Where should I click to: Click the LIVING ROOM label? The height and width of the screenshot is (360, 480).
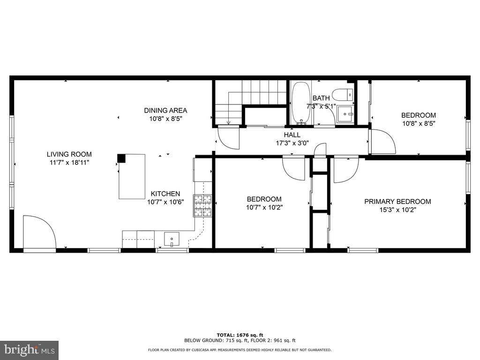coord(69,154)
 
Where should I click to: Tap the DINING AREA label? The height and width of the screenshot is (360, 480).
coord(165,111)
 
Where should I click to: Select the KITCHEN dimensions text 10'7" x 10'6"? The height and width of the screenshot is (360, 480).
coord(165,202)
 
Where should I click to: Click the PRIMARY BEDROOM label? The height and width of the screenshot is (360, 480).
coord(397,202)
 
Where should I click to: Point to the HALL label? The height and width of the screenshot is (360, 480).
coord(292,135)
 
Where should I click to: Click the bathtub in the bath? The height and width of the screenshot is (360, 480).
coord(300,102)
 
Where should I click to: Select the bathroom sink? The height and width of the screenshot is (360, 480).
coord(346,113)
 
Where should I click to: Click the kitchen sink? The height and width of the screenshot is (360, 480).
coord(172,239)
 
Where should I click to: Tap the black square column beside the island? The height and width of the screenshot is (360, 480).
coord(121,158)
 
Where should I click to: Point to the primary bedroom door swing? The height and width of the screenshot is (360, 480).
coord(345,170)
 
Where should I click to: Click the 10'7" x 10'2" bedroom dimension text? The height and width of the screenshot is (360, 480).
coord(264,207)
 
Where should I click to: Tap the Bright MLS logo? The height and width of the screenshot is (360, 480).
coord(29,350)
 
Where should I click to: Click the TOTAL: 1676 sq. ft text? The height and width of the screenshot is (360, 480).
coord(240,335)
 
